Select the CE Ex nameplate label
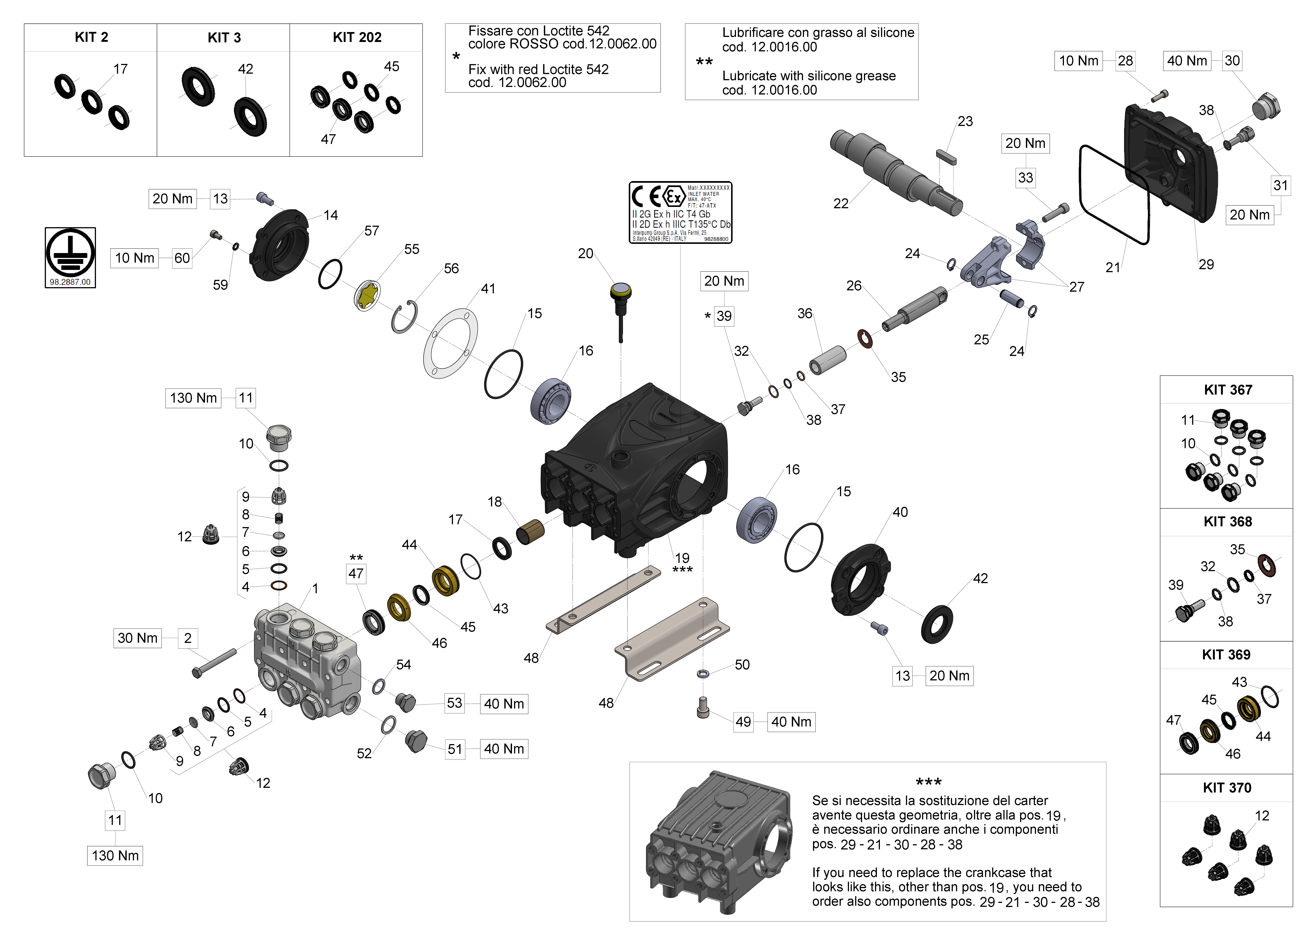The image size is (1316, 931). coord(680,213)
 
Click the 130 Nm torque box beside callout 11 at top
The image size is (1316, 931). coord(193,398)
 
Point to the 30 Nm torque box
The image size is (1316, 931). coord(138,638)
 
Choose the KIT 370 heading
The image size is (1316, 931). coord(1227,788)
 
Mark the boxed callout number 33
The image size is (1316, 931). coord(1025,178)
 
